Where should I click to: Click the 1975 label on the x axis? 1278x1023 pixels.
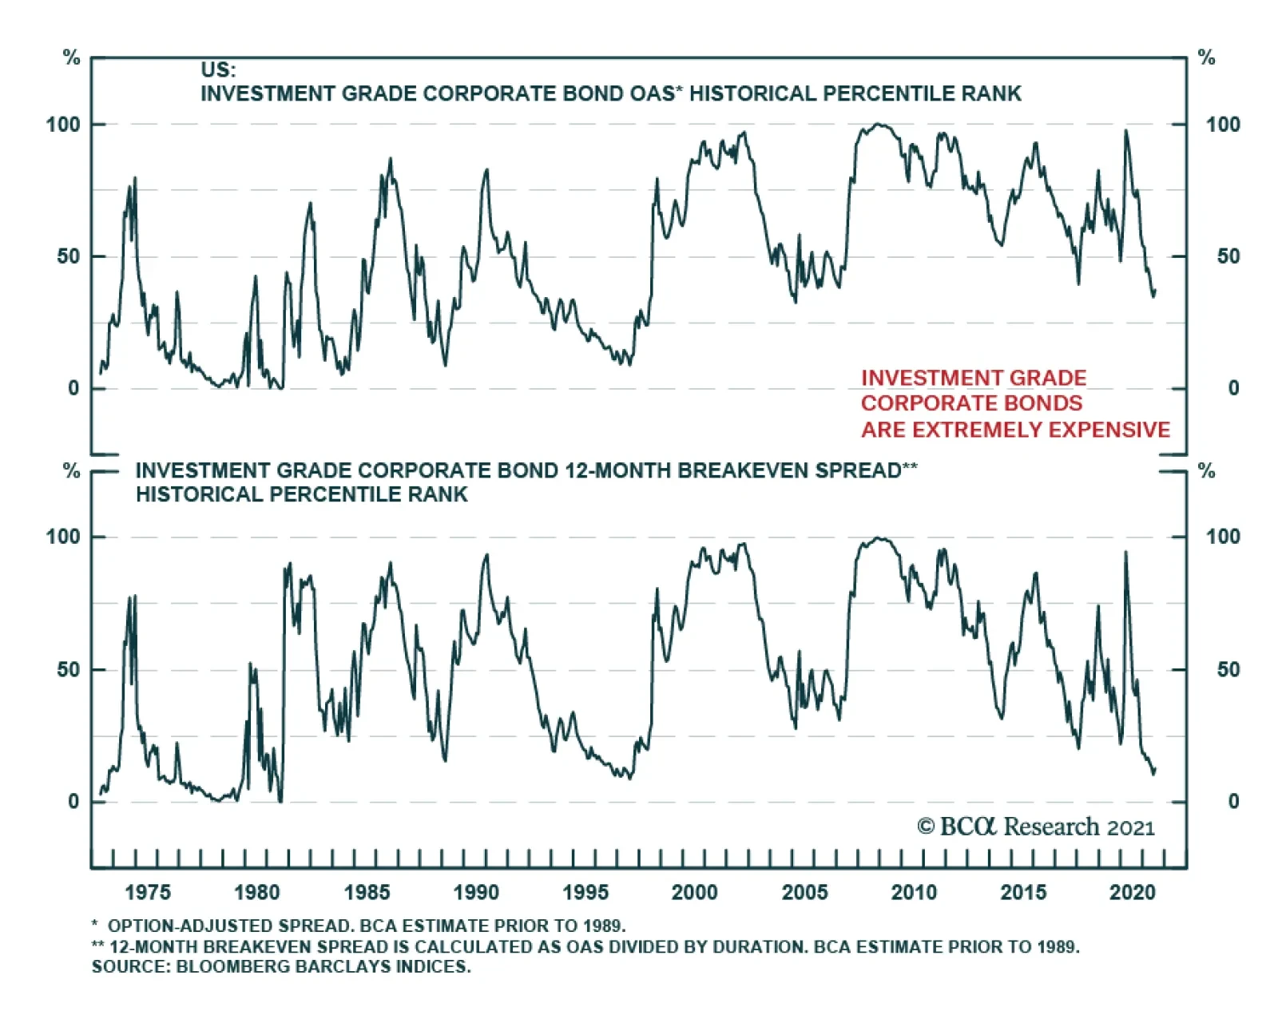(148, 892)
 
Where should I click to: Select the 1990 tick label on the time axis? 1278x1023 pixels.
(476, 892)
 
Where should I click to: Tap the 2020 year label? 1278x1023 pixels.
(1133, 892)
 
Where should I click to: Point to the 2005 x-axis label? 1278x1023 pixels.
(804, 892)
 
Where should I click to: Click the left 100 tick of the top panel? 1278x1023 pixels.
(63, 125)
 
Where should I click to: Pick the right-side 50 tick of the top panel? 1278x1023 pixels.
(1228, 256)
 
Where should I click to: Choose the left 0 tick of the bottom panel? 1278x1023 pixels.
(73, 801)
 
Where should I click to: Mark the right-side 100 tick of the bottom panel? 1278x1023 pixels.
(1223, 537)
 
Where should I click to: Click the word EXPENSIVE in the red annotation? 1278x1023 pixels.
(1109, 430)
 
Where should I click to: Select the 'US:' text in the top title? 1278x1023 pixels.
(218, 69)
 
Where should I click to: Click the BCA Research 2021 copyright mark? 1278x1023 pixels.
(1036, 827)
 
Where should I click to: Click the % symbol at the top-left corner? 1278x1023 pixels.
(72, 57)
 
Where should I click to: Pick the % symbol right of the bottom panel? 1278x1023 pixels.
(1206, 471)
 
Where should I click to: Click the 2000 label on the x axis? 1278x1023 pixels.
(694, 892)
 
